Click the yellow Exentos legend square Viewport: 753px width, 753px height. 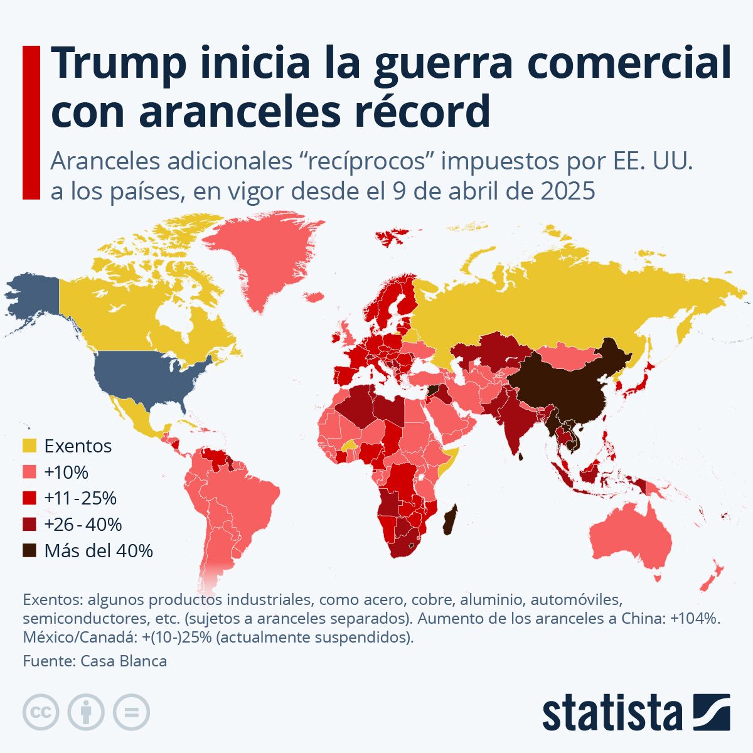29,446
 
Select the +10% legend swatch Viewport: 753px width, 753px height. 29,473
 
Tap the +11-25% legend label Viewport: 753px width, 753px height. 80,498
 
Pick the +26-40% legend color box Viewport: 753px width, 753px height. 29,525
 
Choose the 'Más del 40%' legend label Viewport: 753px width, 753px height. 99,551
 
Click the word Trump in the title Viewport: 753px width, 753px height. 119,63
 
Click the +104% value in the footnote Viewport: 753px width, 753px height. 694,618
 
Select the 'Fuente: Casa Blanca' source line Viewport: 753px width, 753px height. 95,661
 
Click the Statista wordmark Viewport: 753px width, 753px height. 612,713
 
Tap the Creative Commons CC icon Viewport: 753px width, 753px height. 41,712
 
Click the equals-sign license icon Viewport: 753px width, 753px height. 132,712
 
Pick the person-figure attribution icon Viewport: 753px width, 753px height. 87,712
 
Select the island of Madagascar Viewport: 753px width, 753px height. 449,521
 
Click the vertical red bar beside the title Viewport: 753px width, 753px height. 31,122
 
